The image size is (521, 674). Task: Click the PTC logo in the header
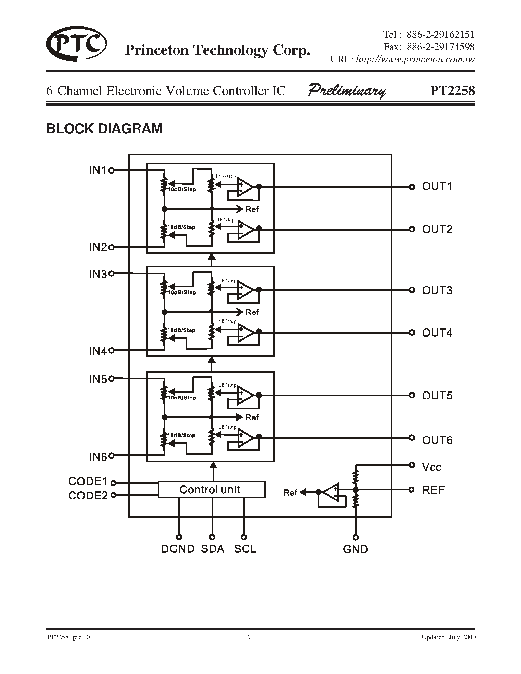point(76,44)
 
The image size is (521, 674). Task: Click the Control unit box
point(211,489)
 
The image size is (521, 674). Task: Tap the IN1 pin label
point(98,170)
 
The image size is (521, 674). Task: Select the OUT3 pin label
point(437,290)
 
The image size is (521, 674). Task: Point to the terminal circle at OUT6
point(411,437)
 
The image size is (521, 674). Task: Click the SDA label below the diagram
point(212,549)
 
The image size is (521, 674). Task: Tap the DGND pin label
point(178,549)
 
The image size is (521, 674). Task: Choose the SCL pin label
point(245,549)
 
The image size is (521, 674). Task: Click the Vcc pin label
point(432,467)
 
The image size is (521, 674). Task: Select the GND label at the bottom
point(356,549)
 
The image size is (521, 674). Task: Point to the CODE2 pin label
point(88,495)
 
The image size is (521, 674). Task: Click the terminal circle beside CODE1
point(113,483)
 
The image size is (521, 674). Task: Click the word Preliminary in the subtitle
point(347,91)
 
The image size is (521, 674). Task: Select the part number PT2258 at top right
point(452,91)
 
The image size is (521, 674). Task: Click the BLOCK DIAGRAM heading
point(104,129)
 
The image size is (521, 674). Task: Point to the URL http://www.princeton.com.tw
point(415,59)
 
